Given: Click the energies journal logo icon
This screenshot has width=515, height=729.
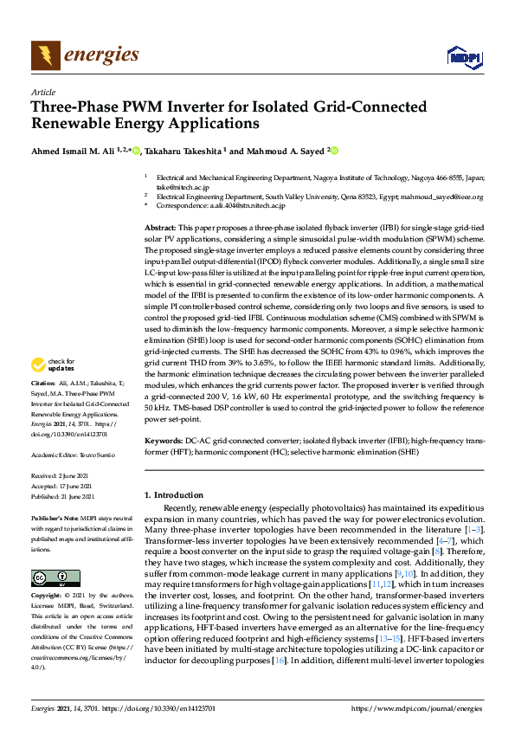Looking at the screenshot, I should pyautogui.click(x=46, y=55).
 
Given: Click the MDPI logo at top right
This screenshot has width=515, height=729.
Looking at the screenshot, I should pyautogui.click(x=463, y=57).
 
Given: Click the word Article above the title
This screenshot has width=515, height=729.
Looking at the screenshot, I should pyautogui.click(x=42, y=92).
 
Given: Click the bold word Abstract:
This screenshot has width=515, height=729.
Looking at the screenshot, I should pyautogui.click(x=160, y=225).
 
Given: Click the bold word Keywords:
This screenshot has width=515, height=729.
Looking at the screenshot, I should pyautogui.click(x=163, y=441).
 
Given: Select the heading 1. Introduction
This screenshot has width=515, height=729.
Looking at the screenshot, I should pyautogui.click(x=173, y=494).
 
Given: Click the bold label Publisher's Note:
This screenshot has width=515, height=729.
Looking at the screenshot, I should pyautogui.click(x=53, y=516).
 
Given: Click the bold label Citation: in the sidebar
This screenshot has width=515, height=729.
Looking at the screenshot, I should pyautogui.click(x=43, y=406).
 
